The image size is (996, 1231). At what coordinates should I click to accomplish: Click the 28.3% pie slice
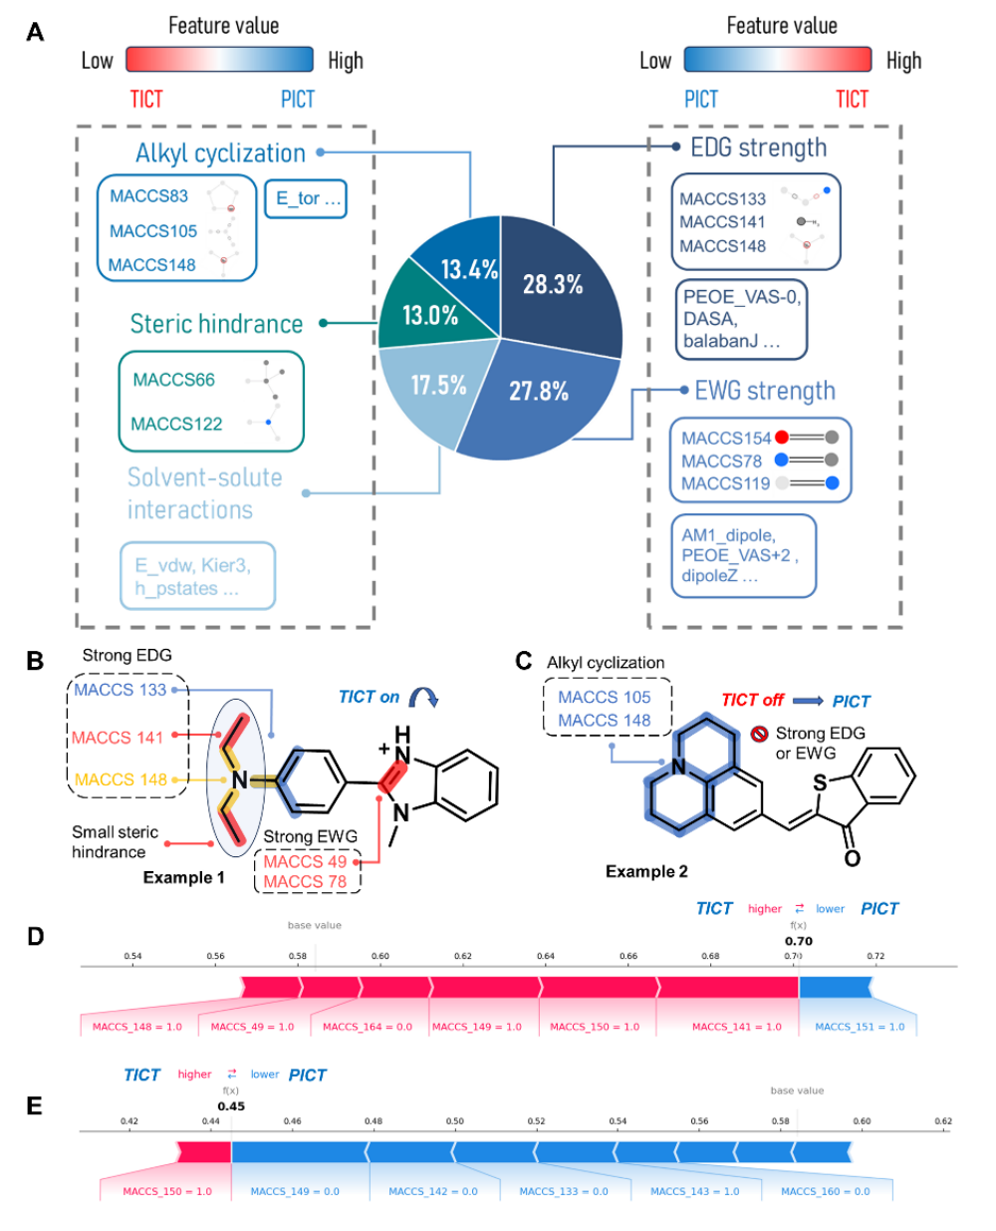(x=554, y=284)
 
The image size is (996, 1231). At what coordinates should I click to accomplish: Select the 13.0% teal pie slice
(x=430, y=315)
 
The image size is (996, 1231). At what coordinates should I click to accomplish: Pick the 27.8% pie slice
(x=539, y=391)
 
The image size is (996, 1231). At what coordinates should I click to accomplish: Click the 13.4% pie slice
(x=469, y=269)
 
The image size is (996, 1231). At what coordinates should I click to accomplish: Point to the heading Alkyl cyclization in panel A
(x=220, y=154)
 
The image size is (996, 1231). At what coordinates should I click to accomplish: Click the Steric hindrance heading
(x=216, y=324)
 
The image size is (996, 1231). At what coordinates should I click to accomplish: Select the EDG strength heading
(x=758, y=148)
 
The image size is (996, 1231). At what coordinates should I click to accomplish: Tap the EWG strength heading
(x=764, y=391)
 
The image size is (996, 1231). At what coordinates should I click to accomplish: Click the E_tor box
(x=307, y=198)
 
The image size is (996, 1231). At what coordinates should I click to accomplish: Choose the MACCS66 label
(x=173, y=380)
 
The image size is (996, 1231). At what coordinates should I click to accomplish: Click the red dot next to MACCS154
(x=782, y=438)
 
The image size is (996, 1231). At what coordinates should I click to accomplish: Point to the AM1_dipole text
(x=728, y=535)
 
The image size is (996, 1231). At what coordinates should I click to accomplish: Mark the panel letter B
(x=35, y=660)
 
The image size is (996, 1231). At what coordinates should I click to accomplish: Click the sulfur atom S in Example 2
(x=820, y=783)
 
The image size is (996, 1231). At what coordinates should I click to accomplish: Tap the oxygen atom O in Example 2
(x=852, y=858)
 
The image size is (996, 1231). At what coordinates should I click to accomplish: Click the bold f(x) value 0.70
(x=799, y=941)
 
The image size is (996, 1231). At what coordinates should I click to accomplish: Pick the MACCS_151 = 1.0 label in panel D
(x=860, y=1027)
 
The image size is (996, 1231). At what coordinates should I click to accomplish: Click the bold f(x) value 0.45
(x=231, y=1105)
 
